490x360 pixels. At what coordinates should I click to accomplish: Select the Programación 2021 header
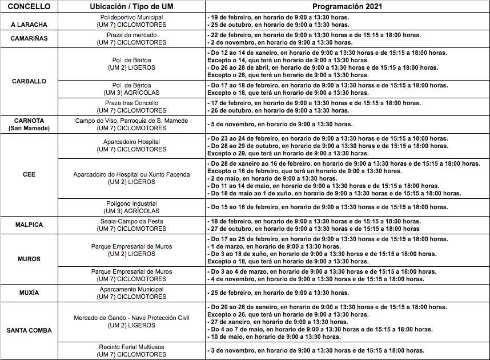click(347, 7)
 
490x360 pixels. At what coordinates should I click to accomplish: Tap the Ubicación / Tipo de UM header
click(131, 7)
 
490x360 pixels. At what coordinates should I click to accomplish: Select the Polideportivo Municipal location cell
click(131, 21)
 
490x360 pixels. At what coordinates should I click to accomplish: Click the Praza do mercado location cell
click(131, 39)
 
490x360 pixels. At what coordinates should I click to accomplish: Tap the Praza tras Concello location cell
click(131, 107)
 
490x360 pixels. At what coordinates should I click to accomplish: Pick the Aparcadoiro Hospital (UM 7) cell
click(131, 146)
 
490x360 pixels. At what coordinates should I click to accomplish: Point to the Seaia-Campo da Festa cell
click(131, 225)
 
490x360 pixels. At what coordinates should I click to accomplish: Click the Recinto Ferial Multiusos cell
click(131, 350)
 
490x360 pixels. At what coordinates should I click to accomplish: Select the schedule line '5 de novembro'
click(280, 124)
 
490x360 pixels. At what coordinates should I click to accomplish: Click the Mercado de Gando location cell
click(131, 321)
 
